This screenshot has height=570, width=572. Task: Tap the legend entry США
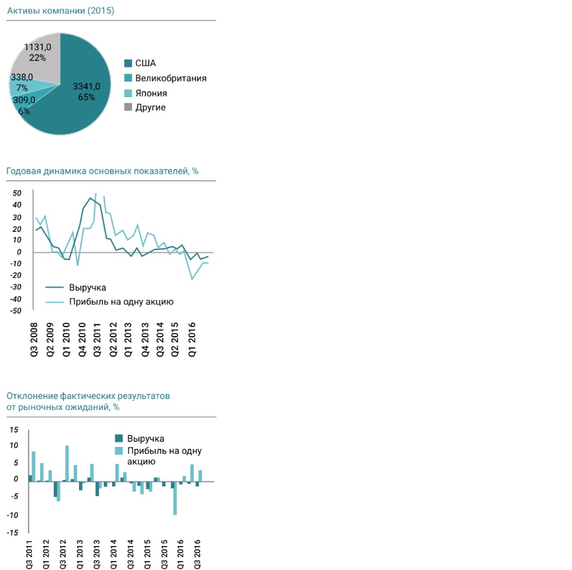click(145, 63)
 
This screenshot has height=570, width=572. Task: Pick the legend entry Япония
click(151, 93)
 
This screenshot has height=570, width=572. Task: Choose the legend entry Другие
click(150, 108)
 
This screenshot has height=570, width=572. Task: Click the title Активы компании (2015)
click(60, 11)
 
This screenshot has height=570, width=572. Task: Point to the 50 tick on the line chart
click(16, 193)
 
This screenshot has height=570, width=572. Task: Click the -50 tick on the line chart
click(15, 311)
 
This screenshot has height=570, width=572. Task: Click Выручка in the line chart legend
click(87, 288)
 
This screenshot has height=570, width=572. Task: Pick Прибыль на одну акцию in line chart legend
click(121, 301)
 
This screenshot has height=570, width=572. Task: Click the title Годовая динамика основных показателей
click(102, 172)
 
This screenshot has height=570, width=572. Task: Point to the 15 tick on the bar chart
click(14, 430)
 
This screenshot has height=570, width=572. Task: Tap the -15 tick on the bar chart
click(13, 532)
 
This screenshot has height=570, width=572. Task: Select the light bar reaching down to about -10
click(175, 498)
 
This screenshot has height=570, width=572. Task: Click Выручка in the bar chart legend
click(146, 439)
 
